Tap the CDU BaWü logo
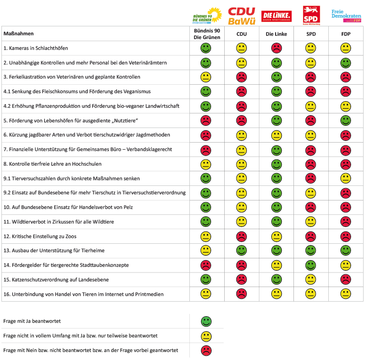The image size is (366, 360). point(241,16)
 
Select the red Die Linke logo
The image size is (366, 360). point(277,16)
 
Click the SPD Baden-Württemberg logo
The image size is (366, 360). point(311,16)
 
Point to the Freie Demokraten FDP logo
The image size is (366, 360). point(346,16)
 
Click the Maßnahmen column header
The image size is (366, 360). point(19,34)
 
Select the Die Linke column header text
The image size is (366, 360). point(276,34)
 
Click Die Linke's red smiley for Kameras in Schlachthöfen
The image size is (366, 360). point(277,48)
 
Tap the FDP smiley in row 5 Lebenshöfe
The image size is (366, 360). point(346,120)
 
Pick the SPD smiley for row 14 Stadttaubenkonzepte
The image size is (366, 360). point(311,265)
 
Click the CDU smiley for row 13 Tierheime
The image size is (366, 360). point(242,251)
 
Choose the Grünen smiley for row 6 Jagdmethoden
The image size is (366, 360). point(206,135)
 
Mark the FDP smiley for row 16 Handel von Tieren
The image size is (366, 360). point(346,294)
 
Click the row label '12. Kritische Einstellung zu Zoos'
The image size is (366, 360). point(40,236)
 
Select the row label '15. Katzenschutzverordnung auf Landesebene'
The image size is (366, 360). point(56,280)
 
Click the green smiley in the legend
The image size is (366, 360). point(206,321)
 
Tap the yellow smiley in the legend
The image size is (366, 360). point(206,336)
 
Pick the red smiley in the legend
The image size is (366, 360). point(206,351)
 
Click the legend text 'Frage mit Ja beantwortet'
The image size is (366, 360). point(32,321)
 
